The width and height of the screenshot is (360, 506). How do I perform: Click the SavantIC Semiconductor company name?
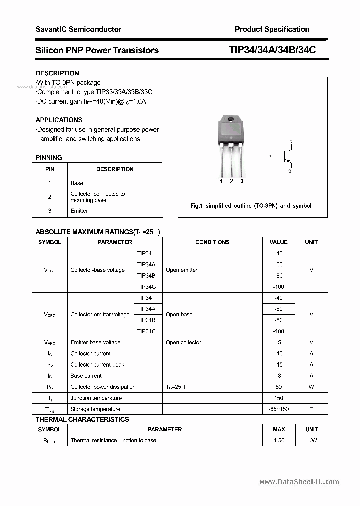pyautogui.click(x=78, y=29)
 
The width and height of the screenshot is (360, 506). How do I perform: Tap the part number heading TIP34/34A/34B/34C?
pyautogui.click(x=272, y=50)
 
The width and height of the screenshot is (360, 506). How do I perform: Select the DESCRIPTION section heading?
pyautogui.click(x=57, y=73)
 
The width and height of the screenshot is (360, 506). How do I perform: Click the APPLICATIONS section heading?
pyautogui.click(x=59, y=120)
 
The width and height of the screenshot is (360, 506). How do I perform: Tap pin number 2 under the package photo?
pyautogui.click(x=231, y=181)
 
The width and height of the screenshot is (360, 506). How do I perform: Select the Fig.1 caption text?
pyautogui.click(x=251, y=206)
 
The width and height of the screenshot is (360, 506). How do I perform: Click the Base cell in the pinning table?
pyautogui.click(x=77, y=183)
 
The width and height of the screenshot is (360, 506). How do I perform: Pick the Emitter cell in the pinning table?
pyautogui.click(x=79, y=211)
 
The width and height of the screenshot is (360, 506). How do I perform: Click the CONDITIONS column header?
pyautogui.click(x=212, y=242)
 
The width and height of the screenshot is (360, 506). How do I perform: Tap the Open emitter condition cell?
pyautogui.click(x=182, y=270)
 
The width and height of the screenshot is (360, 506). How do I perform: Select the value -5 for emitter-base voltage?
pyautogui.click(x=278, y=342)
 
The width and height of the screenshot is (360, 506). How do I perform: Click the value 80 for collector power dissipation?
pyautogui.click(x=278, y=387)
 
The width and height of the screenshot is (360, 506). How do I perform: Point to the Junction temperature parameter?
pyautogui.click(x=96, y=398)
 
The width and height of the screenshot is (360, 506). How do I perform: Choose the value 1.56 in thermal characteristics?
pyautogui.click(x=279, y=440)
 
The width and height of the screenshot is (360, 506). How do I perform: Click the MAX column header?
pyautogui.click(x=279, y=429)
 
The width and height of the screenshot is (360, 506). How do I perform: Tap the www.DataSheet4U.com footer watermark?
pyautogui.click(x=299, y=482)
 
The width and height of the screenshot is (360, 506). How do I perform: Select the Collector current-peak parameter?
pyautogui.click(x=97, y=365)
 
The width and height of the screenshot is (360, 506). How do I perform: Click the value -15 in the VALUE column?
pyautogui.click(x=278, y=365)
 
